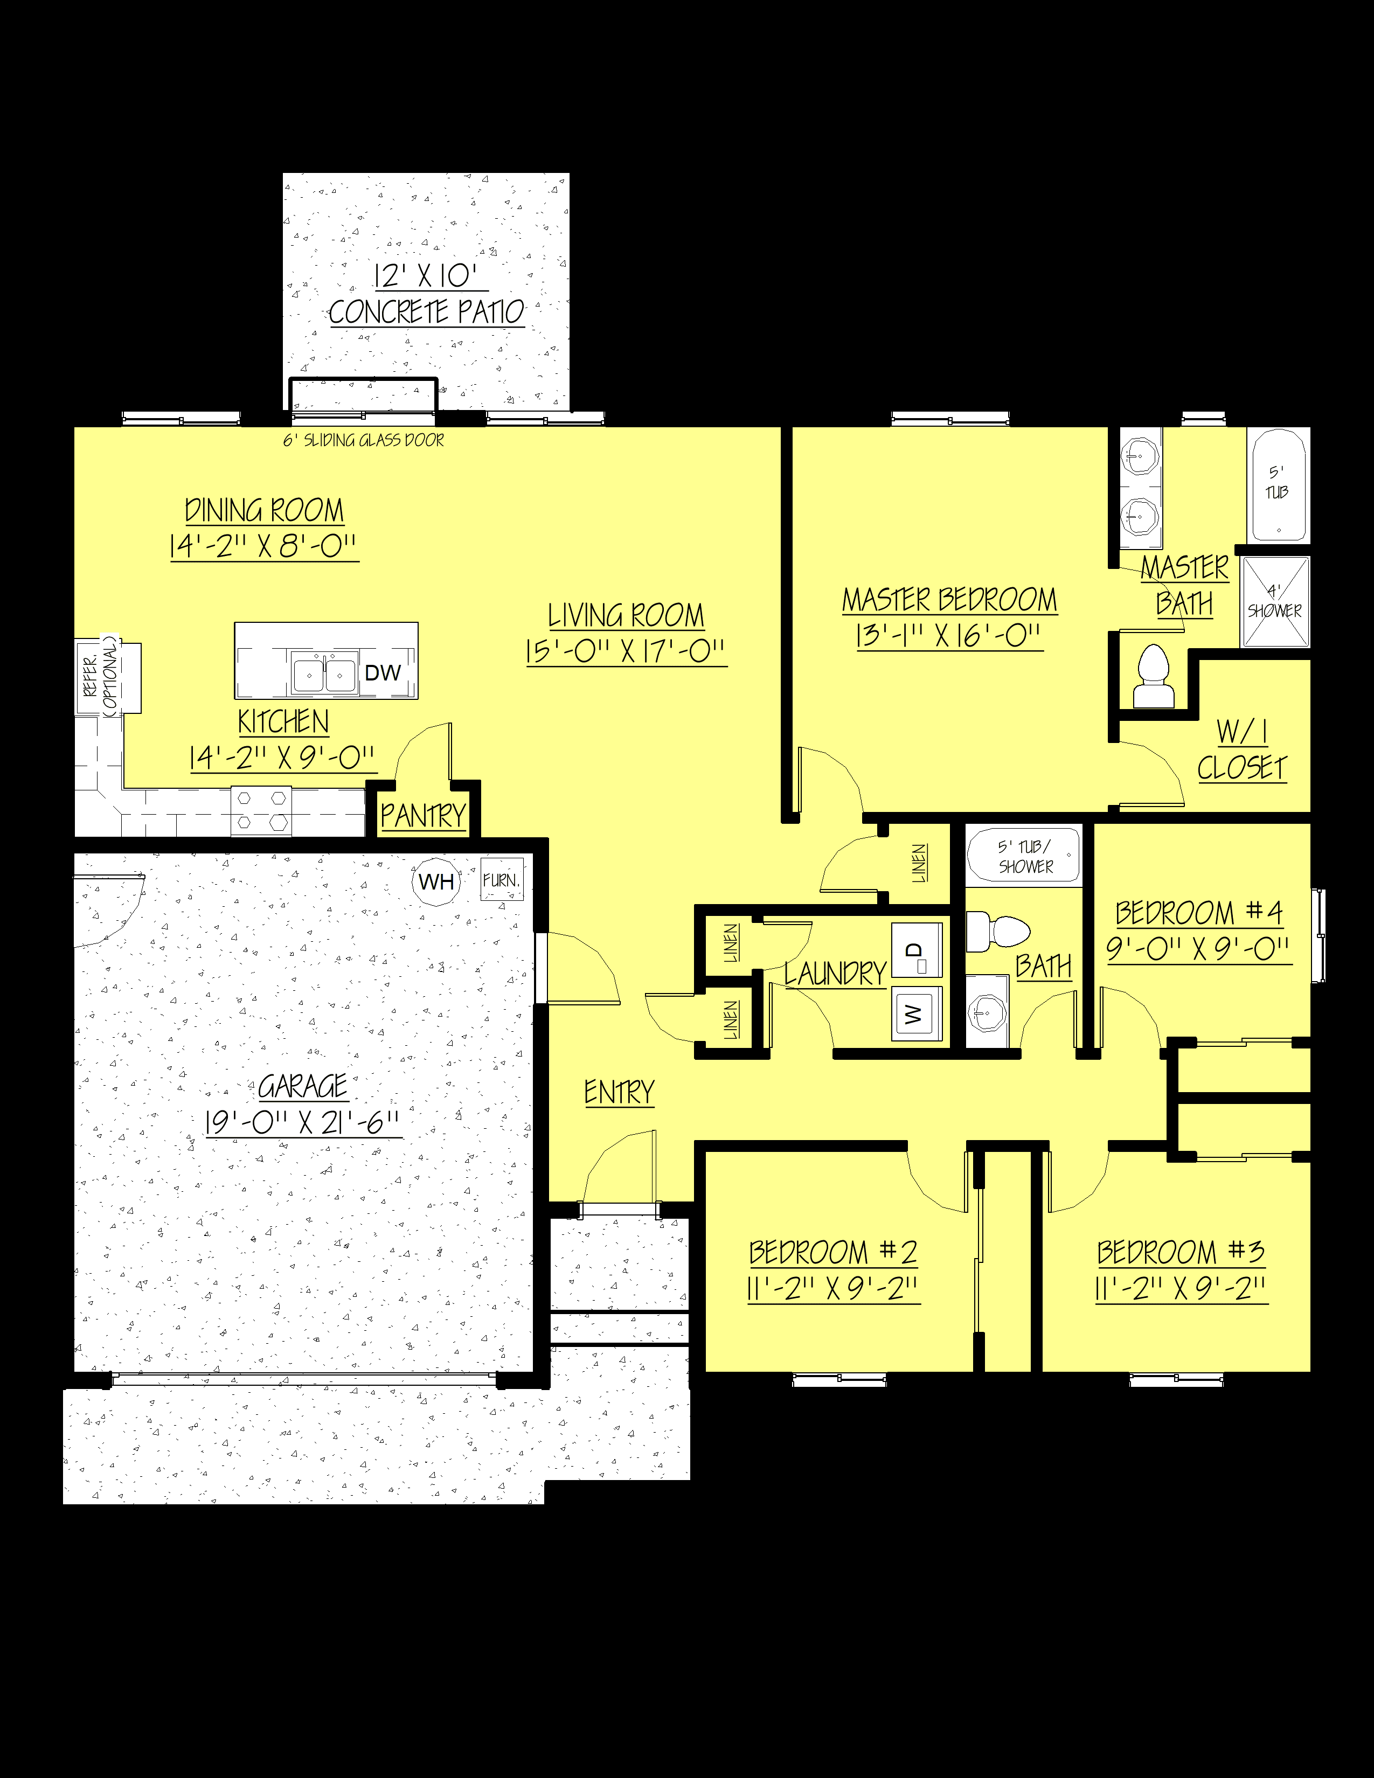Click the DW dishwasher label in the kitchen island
[383, 672]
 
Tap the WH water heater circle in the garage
[436, 881]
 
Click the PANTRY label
[422, 815]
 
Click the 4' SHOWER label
[1275, 602]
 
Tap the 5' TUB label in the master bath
[1276, 483]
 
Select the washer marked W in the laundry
[915, 1013]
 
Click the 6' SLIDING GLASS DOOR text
[363, 440]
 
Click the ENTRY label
[619, 1092]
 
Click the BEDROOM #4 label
[1198, 913]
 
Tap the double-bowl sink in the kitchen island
[324, 674]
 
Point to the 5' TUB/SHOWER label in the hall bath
[1025, 857]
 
